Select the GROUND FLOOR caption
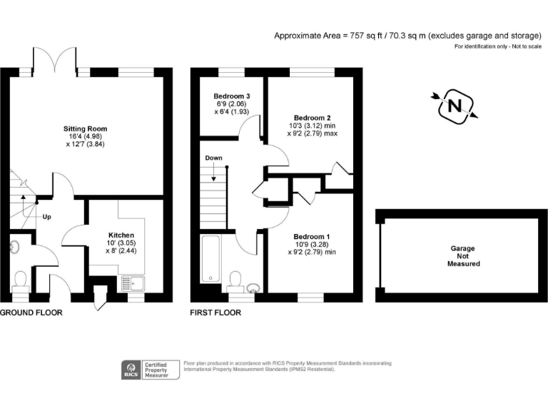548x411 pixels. pos(31,313)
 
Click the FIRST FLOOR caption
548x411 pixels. pos(215,313)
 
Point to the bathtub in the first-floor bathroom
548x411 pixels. pos(211,258)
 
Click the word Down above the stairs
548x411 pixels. pos(213,158)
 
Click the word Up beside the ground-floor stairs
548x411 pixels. pos(46,216)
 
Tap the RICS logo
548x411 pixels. pos(130,370)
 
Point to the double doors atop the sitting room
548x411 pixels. pos(56,59)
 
